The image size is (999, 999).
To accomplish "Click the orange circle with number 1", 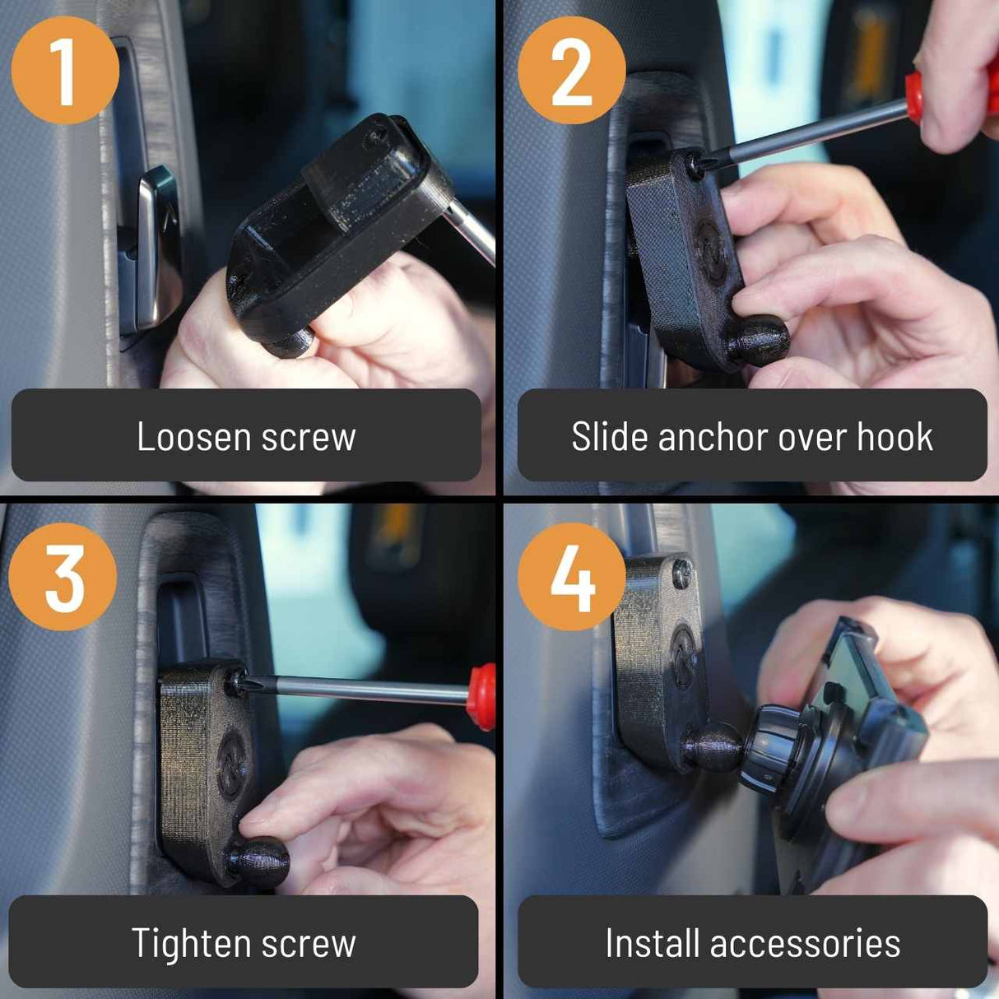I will click(65, 71).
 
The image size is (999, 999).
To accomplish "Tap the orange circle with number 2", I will click(572, 71).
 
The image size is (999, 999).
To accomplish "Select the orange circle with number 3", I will click(63, 577).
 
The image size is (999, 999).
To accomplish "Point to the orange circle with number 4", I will click(572, 577).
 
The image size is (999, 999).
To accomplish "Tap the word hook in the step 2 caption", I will click(894, 436).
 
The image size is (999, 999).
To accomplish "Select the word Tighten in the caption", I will click(192, 943).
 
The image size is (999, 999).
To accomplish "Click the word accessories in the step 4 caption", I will click(805, 943).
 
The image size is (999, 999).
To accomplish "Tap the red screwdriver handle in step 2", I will click(914, 95).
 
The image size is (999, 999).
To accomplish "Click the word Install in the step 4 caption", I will click(652, 943).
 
